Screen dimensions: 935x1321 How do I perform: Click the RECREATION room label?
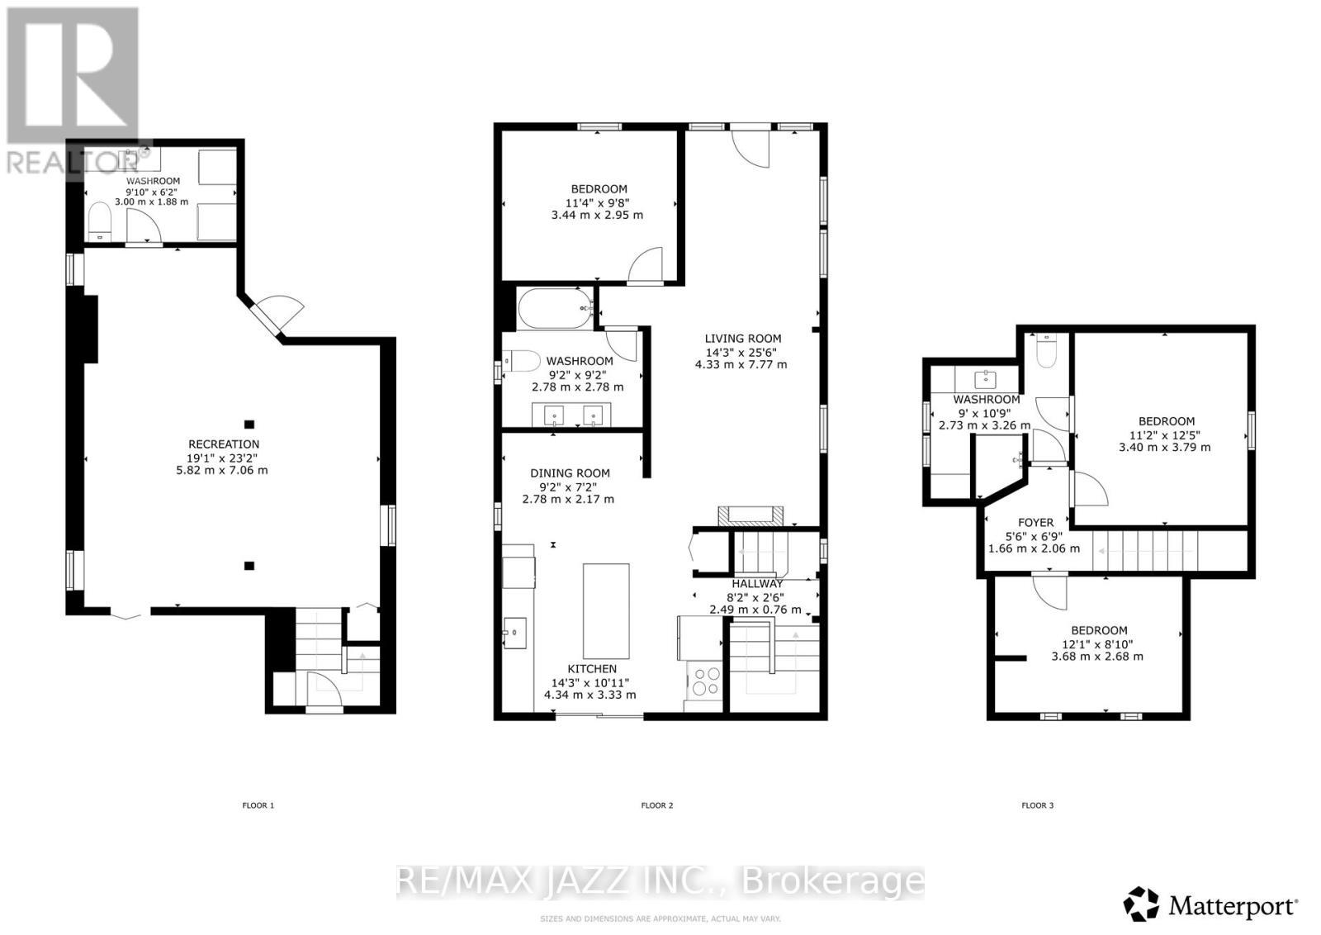(223, 444)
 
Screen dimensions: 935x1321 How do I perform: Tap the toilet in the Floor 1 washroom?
(99, 221)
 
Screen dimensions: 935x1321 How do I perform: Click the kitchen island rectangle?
(606, 610)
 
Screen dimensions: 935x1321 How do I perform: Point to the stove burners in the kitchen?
(706, 682)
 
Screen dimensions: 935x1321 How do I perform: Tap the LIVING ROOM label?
(742, 338)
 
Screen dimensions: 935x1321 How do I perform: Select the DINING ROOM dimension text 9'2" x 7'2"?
(570, 486)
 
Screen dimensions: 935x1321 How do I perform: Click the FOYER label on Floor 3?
(1035, 522)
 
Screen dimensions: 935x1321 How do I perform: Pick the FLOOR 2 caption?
(657, 804)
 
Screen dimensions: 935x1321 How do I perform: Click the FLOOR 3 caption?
(1037, 804)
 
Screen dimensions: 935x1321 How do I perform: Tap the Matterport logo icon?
(1141, 904)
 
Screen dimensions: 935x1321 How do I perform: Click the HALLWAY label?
(756, 583)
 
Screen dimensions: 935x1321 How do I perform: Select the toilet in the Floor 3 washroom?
(1046, 352)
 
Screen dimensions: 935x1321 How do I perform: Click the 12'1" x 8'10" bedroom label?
(1099, 643)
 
